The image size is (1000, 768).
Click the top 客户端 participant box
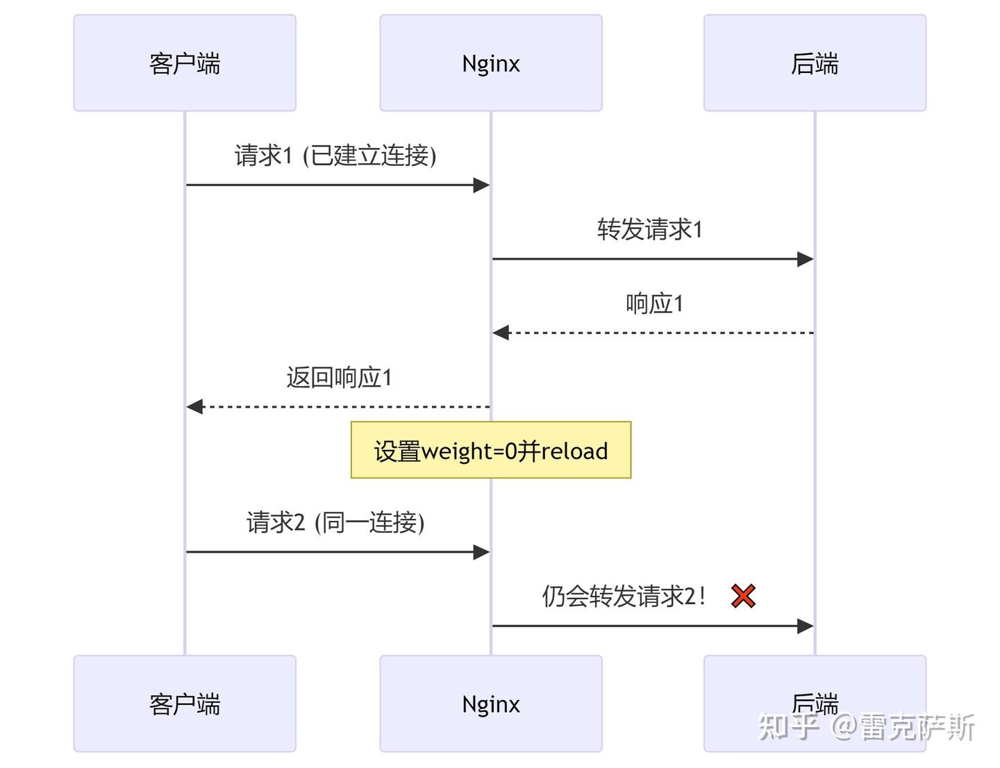(x=185, y=63)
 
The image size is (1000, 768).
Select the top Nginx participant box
(x=490, y=63)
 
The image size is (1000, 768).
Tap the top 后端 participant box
(x=815, y=63)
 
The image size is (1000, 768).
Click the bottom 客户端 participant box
(x=185, y=703)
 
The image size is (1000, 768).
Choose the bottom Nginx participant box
(x=490, y=703)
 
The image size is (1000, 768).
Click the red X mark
(x=743, y=596)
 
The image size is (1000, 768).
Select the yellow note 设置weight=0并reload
(x=490, y=451)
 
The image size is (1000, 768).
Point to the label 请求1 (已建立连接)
(x=335, y=155)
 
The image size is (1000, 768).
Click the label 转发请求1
(x=650, y=229)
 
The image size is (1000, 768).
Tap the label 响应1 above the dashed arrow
(x=654, y=303)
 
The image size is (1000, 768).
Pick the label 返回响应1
(x=339, y=378)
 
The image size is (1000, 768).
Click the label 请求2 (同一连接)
(x=335, y=522)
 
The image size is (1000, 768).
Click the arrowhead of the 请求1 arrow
(x=481, y=185)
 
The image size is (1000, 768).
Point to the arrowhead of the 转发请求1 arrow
(x=805, y=259)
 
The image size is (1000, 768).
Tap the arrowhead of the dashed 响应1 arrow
(x=501, y=333)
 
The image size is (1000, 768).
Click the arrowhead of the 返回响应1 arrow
(x=195, y=406)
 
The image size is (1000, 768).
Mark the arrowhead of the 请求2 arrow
(x=481, y=552)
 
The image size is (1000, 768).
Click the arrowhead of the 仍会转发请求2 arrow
(x=805, y=626)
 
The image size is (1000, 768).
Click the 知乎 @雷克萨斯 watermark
(x=867, y=727)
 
